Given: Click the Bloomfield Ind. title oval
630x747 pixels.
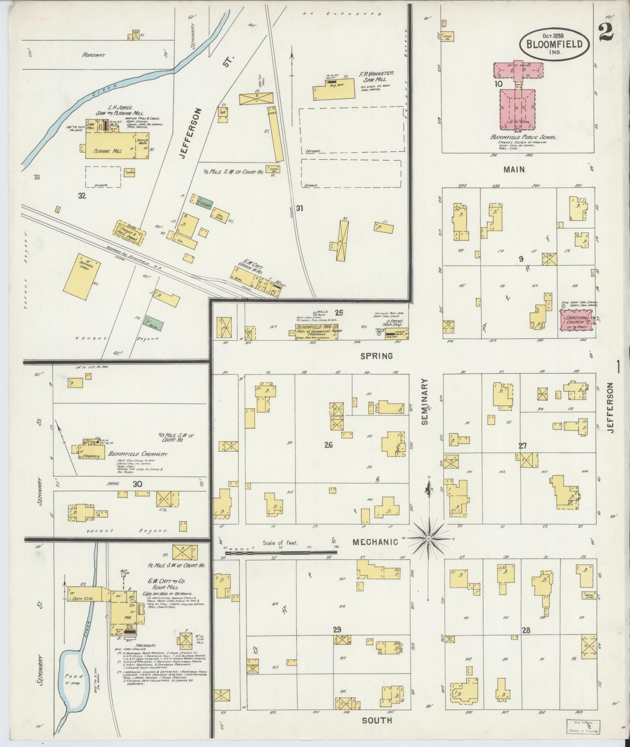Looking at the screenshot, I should click(x=554, y=43).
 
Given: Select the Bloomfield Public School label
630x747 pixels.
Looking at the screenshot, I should click(x=523, y=138).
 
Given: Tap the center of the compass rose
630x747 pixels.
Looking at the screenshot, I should click(x=429, y=538).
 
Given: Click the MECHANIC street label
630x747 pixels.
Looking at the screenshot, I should click(x=375, y=542).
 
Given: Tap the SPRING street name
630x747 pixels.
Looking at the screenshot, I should click(x=377, y=356).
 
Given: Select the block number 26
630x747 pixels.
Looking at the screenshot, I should click(x=328, y=444).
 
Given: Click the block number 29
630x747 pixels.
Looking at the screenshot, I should click(x=337, y=640).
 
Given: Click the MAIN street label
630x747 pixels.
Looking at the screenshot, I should click(x=514, y=169).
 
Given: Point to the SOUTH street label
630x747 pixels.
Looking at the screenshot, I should click(x=377, y=720).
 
